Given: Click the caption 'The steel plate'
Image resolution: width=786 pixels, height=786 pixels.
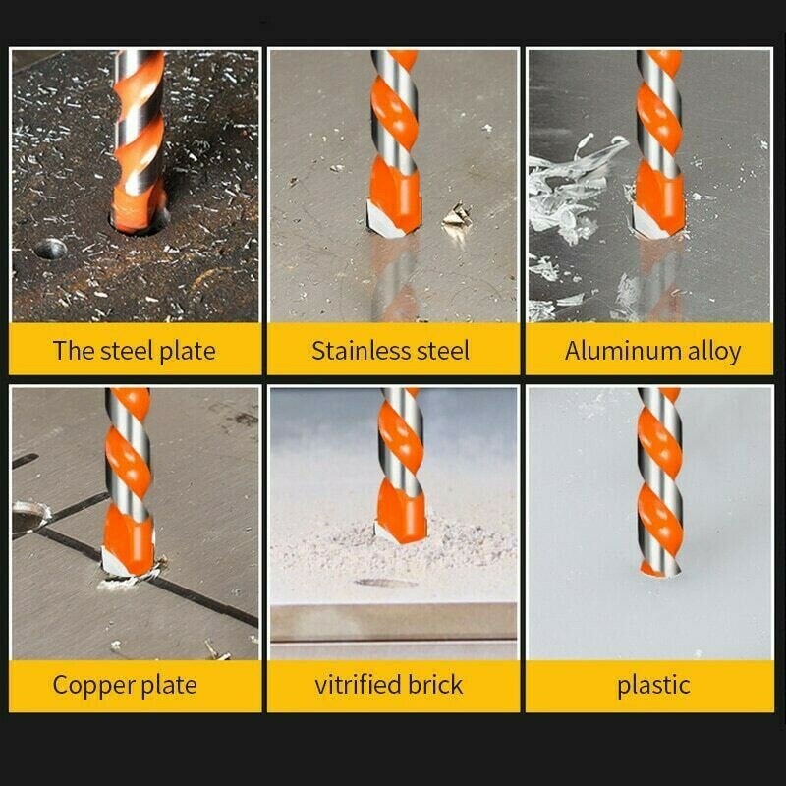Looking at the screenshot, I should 135,351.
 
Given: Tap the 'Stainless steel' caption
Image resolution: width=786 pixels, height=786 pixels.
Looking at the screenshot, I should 391,351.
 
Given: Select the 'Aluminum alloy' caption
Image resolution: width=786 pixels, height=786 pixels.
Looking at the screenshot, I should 652,351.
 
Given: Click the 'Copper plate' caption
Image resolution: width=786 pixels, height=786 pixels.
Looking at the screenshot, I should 125,685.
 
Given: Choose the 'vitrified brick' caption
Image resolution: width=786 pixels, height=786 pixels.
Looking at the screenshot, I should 389,685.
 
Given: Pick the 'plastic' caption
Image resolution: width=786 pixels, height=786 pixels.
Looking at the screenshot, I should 653,685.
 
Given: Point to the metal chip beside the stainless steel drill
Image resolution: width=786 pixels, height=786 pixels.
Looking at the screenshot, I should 455,215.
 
